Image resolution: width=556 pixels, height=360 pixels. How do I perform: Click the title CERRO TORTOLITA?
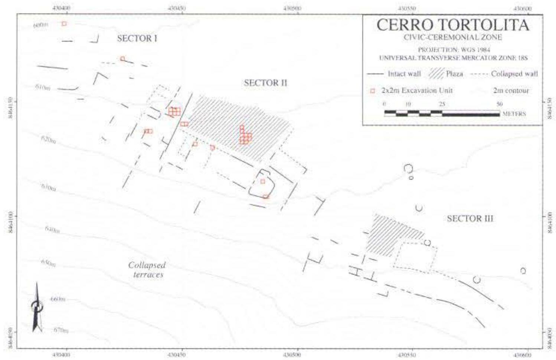coord(452,25)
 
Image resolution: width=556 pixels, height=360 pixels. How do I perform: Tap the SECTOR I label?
coord(137,38)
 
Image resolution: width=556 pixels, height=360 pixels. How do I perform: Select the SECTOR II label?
coord(265,83)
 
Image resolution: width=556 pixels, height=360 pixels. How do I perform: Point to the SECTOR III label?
coord(470,219)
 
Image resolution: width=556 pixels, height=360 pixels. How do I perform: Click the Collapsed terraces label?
coord(147,270)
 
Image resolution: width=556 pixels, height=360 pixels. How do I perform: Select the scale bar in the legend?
coord(442,113)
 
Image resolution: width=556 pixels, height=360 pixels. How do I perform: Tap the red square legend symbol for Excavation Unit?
coord(373,91)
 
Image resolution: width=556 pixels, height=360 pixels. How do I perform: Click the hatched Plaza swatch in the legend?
coord(436,74)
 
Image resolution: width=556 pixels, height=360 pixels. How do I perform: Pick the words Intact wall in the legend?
coord(404,74)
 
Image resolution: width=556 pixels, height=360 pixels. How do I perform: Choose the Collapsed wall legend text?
coord(514,74)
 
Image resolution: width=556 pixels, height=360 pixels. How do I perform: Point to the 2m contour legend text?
coord(511,91)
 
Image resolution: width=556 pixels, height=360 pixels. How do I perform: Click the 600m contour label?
coord(41,25)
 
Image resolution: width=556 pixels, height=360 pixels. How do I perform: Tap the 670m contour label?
coord(61,330)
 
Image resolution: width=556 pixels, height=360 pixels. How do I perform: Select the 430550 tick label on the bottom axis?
coord(407,355)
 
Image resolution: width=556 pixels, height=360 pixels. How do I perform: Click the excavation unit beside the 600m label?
coord(64,24)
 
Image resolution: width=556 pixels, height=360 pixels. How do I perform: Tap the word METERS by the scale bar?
coord(514,114)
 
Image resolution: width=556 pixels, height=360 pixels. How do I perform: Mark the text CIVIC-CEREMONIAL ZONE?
coord(452,37)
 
